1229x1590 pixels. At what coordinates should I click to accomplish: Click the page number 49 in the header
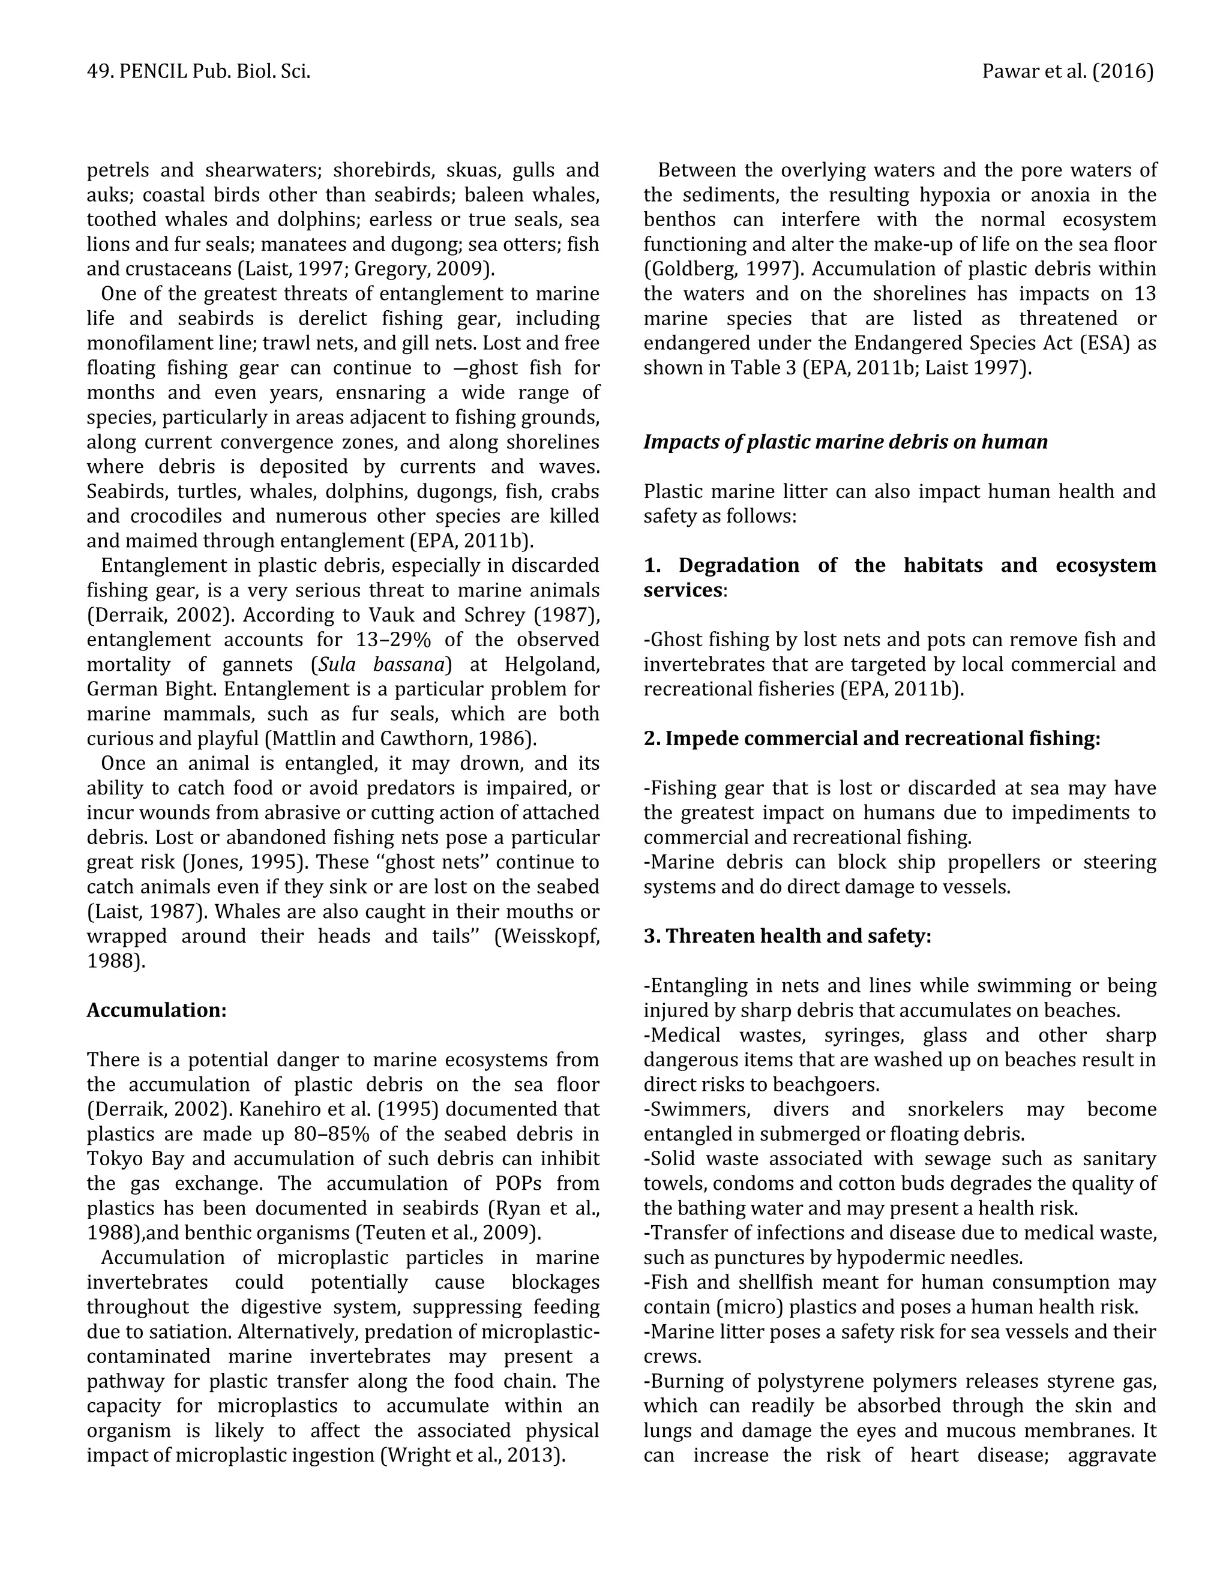pyautogui.click(x=95, y=71)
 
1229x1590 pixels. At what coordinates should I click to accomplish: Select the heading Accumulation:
pyautogui.click(x=157, y=1010)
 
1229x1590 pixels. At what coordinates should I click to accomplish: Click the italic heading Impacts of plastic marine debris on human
pyautogui.click(x=846, y=442)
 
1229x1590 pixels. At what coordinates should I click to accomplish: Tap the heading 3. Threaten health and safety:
pyautogui.click(x=787, y=935)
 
